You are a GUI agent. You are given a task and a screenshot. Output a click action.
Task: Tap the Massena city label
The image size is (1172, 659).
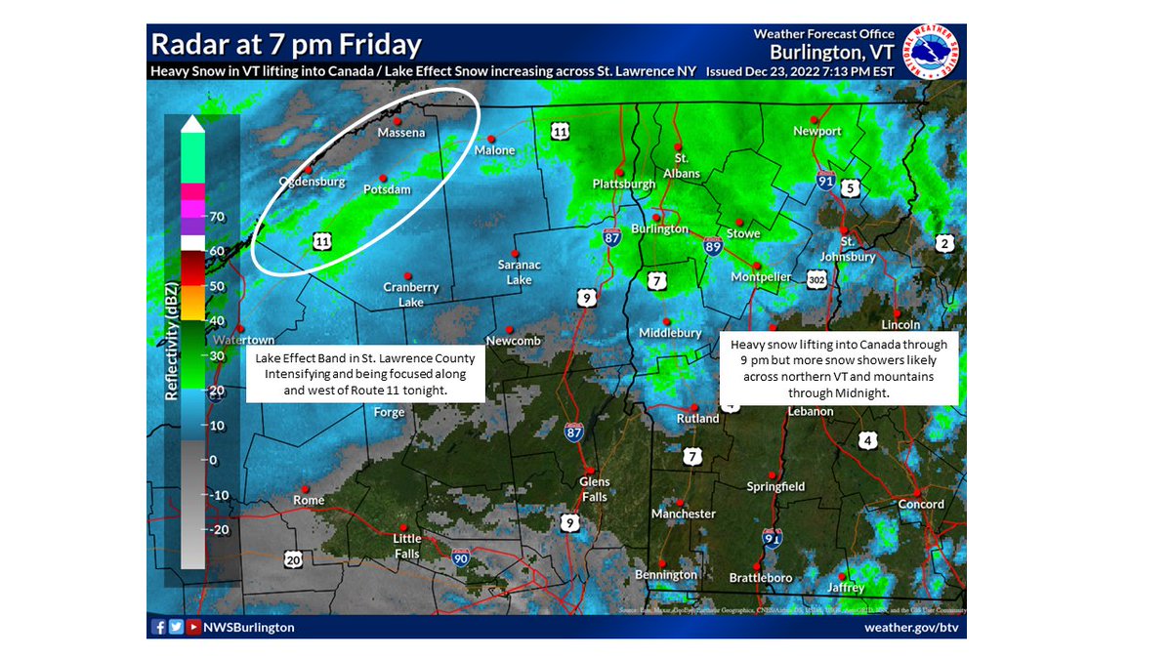click(x=401, y=133)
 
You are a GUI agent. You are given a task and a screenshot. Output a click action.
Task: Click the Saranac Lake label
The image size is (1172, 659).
click(x=520, y=272)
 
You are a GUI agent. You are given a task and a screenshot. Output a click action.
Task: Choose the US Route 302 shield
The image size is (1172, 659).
click(x=818, y=280)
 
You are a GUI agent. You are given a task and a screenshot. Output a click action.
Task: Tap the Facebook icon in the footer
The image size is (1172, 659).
click(x=158, y=627)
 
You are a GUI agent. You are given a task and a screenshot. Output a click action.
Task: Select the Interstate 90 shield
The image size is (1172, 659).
click(x=461, y=557)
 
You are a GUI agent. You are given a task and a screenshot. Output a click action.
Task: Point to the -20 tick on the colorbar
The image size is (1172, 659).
click(x=222, y=530)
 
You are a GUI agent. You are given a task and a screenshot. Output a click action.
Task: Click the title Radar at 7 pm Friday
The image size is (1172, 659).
click(x=286, y=45)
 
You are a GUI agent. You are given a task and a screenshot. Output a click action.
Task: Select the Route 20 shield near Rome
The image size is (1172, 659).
click(x=294, y=558)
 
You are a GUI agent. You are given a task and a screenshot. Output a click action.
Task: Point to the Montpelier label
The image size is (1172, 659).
click(x=761, y=277)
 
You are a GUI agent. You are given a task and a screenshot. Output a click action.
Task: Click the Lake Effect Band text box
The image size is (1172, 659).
click(x=366, y=374)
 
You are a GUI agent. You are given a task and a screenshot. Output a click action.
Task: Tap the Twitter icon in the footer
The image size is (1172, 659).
click(x=176, y=627)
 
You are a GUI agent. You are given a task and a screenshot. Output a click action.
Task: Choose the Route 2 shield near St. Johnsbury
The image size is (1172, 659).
click(x=943, y=243)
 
